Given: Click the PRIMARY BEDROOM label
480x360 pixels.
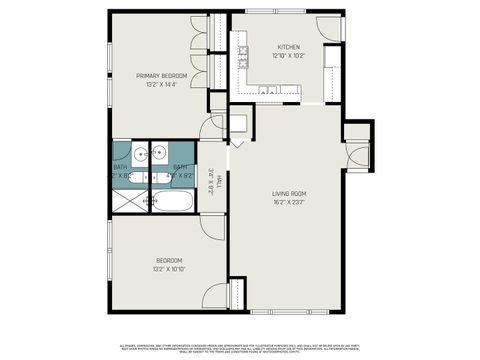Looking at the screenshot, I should (x=162, y=75).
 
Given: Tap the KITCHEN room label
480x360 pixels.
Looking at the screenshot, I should (x=288, y=46).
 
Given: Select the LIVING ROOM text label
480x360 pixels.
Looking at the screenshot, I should (x=289, y=193).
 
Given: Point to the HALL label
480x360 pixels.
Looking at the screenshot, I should (x=219, y=181).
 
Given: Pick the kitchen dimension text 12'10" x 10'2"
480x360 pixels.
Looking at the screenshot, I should (x=288, y=54).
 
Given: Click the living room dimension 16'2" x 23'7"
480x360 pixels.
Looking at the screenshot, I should (x=289, y=201).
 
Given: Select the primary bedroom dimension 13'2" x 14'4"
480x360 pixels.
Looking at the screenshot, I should (x=162, y=83).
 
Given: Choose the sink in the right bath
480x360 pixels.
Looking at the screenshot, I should (x=161, y=154).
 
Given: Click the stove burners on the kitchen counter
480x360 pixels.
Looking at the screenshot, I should (x=242, y=63).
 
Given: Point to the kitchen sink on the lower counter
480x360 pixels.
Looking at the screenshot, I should (x=268, y=91).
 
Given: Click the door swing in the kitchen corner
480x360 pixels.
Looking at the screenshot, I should (x=328, y=27).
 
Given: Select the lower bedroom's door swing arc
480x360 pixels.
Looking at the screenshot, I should (x=211, y=297).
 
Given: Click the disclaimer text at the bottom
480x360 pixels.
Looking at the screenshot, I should (x=240, y=342).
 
